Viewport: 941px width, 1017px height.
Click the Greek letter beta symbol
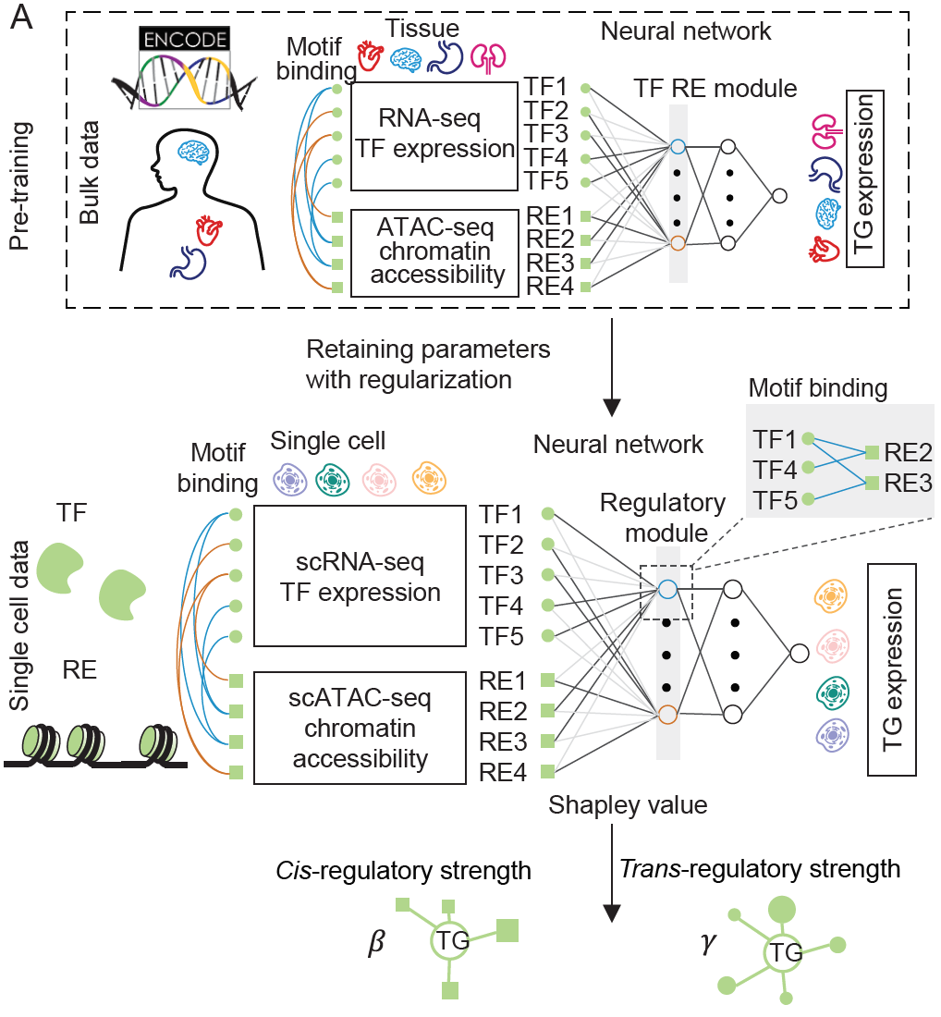375,948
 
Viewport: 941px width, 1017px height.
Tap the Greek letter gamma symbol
710,948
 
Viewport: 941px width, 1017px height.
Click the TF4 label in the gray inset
774,468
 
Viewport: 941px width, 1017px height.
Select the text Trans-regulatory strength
760,868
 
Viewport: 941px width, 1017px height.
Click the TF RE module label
715,89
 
